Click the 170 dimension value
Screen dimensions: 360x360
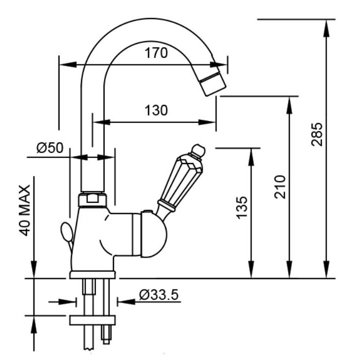pos(156,53)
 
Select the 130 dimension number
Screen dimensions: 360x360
pos(156,110)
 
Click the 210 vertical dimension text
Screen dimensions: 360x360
pos(281,186)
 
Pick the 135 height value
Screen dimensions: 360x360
pos(241,207)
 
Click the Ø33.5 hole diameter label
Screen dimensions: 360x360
pos(158,294)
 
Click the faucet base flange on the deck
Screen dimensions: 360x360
pos(92,274)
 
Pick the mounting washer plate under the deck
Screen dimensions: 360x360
pos(92,319)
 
